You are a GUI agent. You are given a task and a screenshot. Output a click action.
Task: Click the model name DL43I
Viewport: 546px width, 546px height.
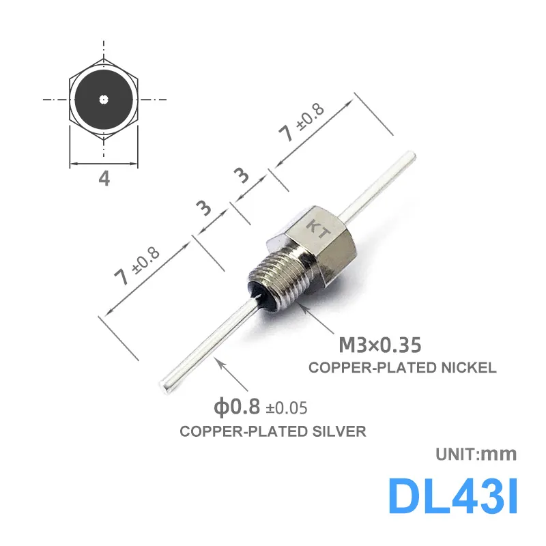pyautogui.click(x=452, y=495)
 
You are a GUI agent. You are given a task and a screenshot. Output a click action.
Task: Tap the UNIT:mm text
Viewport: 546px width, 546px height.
pyautogui.click(x=476, y=454)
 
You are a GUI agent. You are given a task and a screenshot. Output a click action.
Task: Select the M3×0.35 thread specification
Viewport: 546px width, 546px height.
pyautogui.click(x=380, y=345)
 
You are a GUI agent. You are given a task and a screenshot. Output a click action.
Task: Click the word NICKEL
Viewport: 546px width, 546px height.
pyautogui.click(x=469, y=368)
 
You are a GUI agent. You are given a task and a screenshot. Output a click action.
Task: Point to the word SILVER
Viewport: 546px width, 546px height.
pyautogui.click(x=339, y=431)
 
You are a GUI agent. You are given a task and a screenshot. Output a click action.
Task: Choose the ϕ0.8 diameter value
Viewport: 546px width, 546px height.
pyautogui.click(x=237, y=407)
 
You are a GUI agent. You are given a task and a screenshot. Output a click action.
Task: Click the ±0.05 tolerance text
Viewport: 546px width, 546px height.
pyautogui.click(x=287, y=408)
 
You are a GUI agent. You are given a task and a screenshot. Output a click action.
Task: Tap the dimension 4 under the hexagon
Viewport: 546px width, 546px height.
pyautogui.click(x=104, y=179)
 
